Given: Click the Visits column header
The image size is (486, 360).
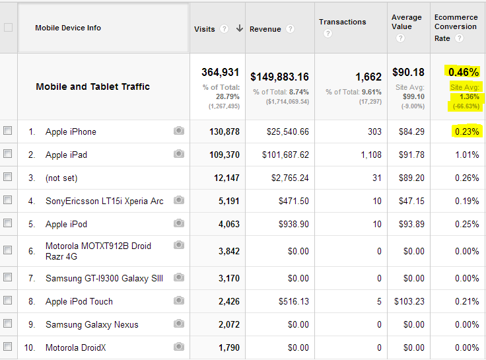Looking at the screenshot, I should coord(205,29).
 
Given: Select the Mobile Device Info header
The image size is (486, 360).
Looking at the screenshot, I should coord(68,28).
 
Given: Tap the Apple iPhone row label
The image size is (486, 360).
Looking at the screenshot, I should coord(71,132).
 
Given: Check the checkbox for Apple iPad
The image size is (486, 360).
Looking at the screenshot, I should coord(8,154).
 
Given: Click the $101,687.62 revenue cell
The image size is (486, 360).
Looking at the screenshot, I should coord(287,155).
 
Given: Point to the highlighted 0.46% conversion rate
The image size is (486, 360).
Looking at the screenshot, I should coord(463,72).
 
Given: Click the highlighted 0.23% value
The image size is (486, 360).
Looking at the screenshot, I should coord(466,132).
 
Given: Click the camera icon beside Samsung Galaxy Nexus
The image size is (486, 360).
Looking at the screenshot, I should coord(178,324).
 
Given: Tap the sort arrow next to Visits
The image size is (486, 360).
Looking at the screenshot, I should coord(239,29).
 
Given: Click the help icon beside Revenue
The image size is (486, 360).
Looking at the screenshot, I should coord(291,29).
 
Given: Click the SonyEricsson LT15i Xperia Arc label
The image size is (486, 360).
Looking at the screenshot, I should coord(104,201).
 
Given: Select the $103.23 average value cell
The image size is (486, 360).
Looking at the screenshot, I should coord(410,302).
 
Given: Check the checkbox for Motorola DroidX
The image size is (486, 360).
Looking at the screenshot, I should coord(8,347).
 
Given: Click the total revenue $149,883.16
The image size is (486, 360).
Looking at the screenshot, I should coord(279,77).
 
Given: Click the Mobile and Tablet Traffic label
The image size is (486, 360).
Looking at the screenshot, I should coord(92,87).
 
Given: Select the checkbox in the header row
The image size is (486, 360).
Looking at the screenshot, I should coord(8,28).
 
